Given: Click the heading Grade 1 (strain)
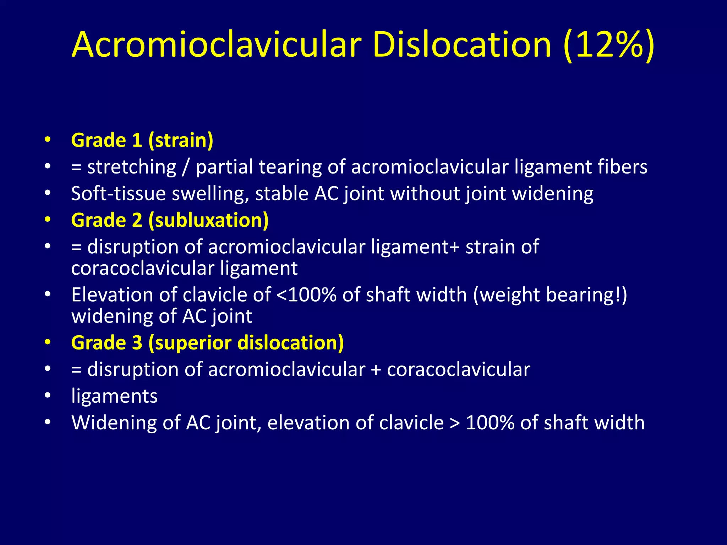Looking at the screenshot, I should tap(142, 140).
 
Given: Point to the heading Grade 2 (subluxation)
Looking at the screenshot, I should tap(170, 220).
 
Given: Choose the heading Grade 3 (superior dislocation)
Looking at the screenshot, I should tap(207, 343).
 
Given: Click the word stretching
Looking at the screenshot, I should tap(132, 167).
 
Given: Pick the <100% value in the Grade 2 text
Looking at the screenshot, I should tap(306, 295).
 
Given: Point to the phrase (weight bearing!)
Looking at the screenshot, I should tap(550, 295).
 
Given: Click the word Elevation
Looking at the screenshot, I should tap(112, 295).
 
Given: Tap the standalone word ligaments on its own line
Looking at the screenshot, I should tap(114, 396).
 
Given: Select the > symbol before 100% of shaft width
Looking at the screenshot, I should tap(454, 423).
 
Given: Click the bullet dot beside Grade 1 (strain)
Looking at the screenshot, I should tap(48, 140).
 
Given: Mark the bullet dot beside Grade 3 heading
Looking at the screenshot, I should tap(48, 343).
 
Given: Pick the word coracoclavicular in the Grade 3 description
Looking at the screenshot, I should tap(458, 369).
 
